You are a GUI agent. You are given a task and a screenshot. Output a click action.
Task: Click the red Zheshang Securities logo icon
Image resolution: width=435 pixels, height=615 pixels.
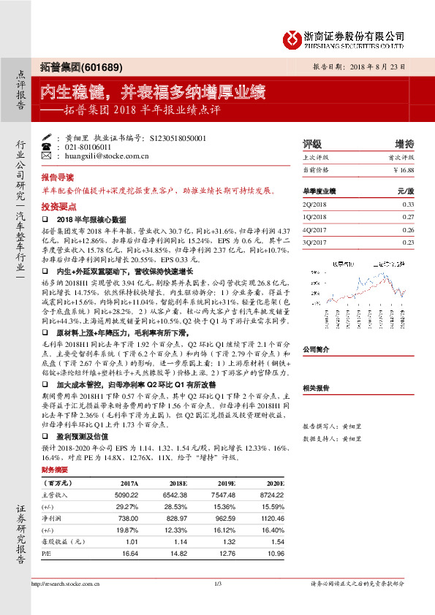pos(291,39)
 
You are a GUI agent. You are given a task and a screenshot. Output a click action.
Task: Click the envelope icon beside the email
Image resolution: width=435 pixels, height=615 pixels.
pos(48,156)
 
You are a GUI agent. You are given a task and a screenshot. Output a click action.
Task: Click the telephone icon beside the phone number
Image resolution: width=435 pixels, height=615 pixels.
pos(48,147)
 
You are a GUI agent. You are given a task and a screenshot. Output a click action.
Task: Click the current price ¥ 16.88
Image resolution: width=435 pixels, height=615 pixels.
pos(403,169)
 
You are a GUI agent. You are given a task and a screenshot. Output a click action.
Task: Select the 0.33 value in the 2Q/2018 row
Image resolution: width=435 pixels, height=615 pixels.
pos(408,205)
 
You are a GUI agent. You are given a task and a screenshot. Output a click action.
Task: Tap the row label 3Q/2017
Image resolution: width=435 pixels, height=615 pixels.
pos(314,242)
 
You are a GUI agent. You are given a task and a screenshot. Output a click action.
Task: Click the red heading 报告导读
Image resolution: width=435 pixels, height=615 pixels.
pos(57,178)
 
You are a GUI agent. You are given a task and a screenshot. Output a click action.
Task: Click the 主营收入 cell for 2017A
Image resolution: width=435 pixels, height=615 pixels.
pos(126,494)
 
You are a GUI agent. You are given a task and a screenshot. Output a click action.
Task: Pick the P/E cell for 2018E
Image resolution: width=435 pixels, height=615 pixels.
pos(177,553)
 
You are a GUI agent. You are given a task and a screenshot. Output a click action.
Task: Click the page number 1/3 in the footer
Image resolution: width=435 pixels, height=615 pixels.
pos(218,584)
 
